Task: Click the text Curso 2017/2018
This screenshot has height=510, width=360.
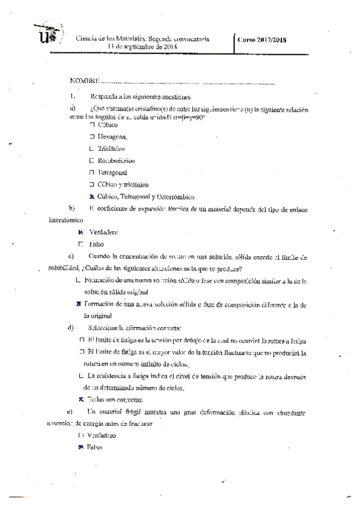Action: tap(262, 40)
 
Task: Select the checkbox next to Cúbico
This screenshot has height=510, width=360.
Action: tap(93, 124)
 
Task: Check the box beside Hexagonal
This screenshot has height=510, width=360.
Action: tap(93, 137)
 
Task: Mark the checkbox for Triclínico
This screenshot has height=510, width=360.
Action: tap(92, 149)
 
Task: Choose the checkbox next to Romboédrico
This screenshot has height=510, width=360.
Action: tap(92, 161)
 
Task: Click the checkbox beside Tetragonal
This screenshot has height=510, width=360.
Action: tap(92, 173)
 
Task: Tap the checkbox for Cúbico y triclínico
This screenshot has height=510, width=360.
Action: tap(92, 185)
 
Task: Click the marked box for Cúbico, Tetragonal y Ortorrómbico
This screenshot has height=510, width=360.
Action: tap(92, 197)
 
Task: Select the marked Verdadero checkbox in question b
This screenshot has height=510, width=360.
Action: tap(81, 232)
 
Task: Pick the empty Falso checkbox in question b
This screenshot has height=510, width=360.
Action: tap(81, 244)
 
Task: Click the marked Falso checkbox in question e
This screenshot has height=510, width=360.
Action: tap(81, 447)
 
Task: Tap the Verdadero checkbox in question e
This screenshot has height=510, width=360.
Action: tap(81, 435)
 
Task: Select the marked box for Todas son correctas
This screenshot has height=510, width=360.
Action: tap(81, 399)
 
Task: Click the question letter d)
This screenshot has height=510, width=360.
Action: tap(72, 328)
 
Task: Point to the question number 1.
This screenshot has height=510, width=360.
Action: tap(72, 96)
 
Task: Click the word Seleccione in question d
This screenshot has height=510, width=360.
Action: tap(103, 328)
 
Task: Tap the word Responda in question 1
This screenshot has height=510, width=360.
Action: tap(104, 96)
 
